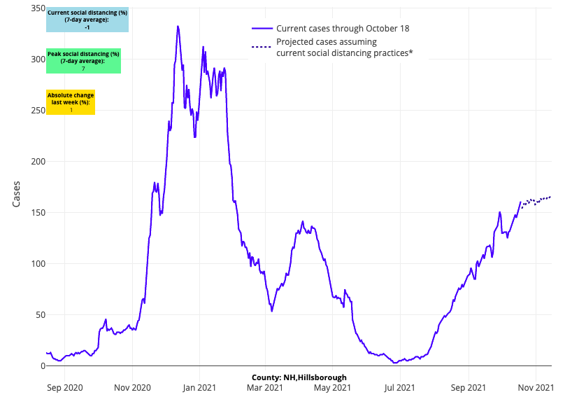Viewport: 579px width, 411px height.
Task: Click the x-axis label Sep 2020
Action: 64,386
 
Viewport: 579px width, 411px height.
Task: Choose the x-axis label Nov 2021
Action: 536,386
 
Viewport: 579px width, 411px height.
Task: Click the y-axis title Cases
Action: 17,194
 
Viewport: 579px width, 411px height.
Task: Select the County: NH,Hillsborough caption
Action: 299,377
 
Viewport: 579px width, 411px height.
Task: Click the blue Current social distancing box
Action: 87,20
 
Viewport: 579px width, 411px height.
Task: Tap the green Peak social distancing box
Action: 83,61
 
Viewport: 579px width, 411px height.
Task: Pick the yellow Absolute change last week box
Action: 71,102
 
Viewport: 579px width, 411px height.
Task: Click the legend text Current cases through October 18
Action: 343,29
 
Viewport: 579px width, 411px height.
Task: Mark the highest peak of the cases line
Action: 178,27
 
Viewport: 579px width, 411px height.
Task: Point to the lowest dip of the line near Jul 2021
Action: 395,363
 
